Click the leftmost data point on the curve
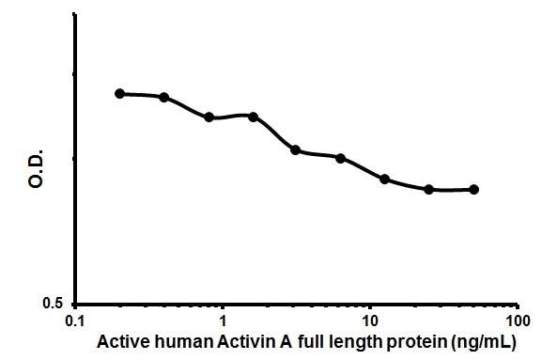click(119, 93)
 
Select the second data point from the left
click(164, 97)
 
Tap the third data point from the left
click(209, 117)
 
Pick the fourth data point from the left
click(253, 116)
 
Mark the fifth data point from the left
click(296, 150)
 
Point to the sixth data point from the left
click(340, 158)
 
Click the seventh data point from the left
click(384, 179)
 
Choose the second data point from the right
click(428, 189)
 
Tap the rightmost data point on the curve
click(473, 189)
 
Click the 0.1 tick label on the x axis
click(74, 321)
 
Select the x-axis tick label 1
click(223, 321)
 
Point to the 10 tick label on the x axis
click(370, 321)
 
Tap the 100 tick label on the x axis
click(516, 321)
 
